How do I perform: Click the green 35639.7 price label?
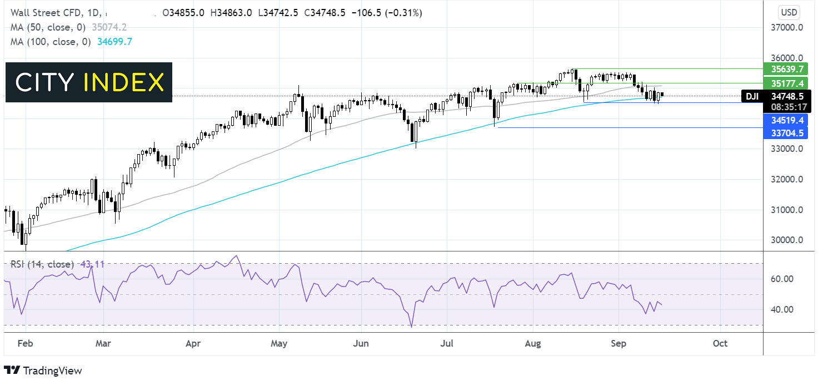tap(785, 69)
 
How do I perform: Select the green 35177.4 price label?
tap(785, 83)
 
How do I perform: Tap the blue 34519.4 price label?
tap(785, 120)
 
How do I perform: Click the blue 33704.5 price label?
tap(785, 133)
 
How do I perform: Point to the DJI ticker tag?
tap(752, 96)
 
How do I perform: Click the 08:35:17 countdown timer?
tap(789, 107)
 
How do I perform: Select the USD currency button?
tap(789, 12)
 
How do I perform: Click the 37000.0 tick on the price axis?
tap(787, 28)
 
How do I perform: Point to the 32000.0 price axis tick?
tap(787, 180)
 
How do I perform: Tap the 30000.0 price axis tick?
tap(787, 240)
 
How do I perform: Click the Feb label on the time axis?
tap(26, 343)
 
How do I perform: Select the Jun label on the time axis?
tap(361, 343)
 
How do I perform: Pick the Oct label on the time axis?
tap(720, 343)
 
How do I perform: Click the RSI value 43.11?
tap(92, 264)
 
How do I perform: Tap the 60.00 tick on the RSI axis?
tap(782, 279)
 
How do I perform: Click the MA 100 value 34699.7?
tap(114, 42)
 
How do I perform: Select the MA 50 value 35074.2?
tap(109, 28)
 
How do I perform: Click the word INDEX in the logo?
tap(123, 82)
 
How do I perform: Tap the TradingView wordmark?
tap(52, 371)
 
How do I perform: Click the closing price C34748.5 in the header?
tap(325, 13)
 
